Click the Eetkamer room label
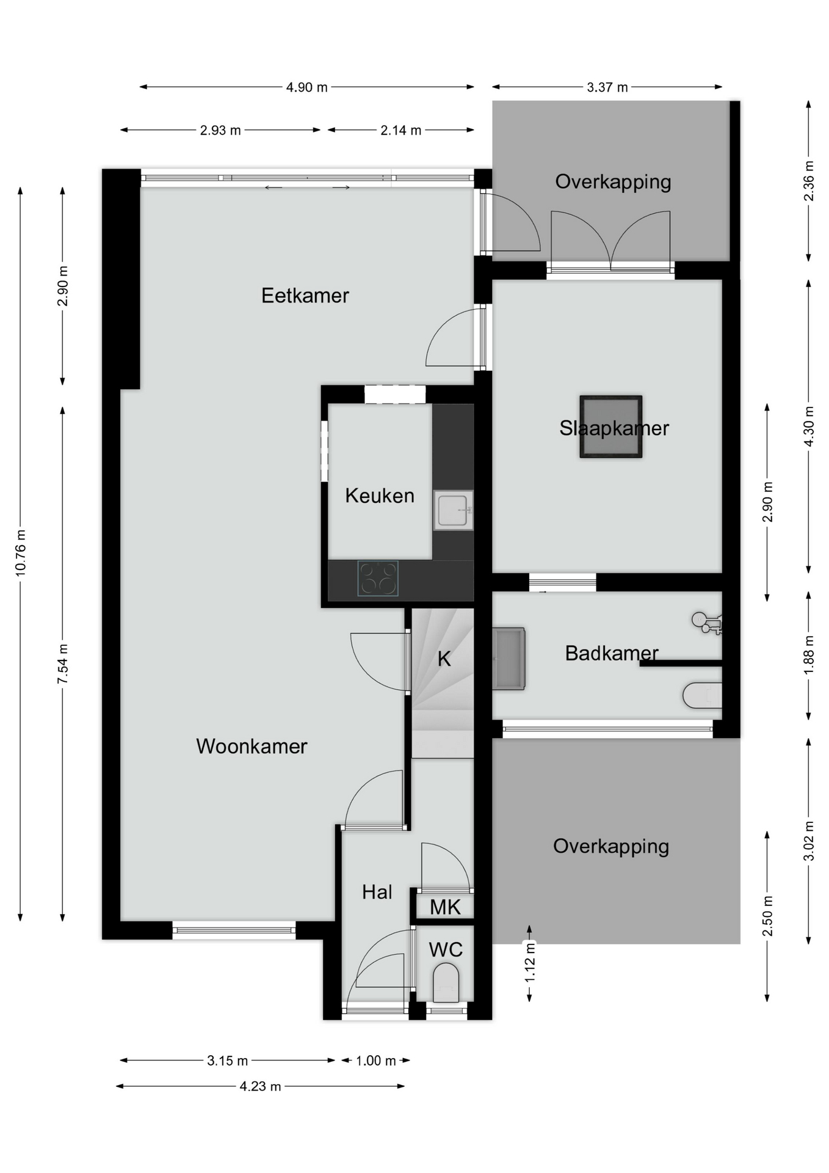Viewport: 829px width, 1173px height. click(305, 296)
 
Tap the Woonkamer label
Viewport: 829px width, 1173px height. click(252, 746)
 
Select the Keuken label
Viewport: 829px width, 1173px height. click(380, 495)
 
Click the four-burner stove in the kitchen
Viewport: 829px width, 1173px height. click(378, 578)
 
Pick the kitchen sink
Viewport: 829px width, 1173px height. click(454, 510)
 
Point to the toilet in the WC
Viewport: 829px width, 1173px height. click(446, 983)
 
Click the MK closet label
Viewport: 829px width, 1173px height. click(445, 907)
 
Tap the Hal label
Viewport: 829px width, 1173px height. click(377, 892)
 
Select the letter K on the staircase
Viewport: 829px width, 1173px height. click(444, 659)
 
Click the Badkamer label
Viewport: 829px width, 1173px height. click(612, 653)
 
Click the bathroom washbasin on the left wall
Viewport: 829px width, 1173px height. click(509, 659)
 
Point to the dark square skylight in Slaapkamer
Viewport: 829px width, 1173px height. click(610, 426)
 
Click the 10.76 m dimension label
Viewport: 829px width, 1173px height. click(21, 553)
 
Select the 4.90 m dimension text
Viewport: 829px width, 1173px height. click(307, 87)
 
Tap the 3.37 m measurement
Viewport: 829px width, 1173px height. click(607, 87)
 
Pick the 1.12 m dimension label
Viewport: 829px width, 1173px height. click(530, 962)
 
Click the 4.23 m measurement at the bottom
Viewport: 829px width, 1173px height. click(261, 1086)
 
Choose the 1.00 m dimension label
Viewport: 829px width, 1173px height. click(376, 1061)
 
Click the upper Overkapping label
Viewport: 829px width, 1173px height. click(613, 182)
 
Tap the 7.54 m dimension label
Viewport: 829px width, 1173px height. click(63, 664)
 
